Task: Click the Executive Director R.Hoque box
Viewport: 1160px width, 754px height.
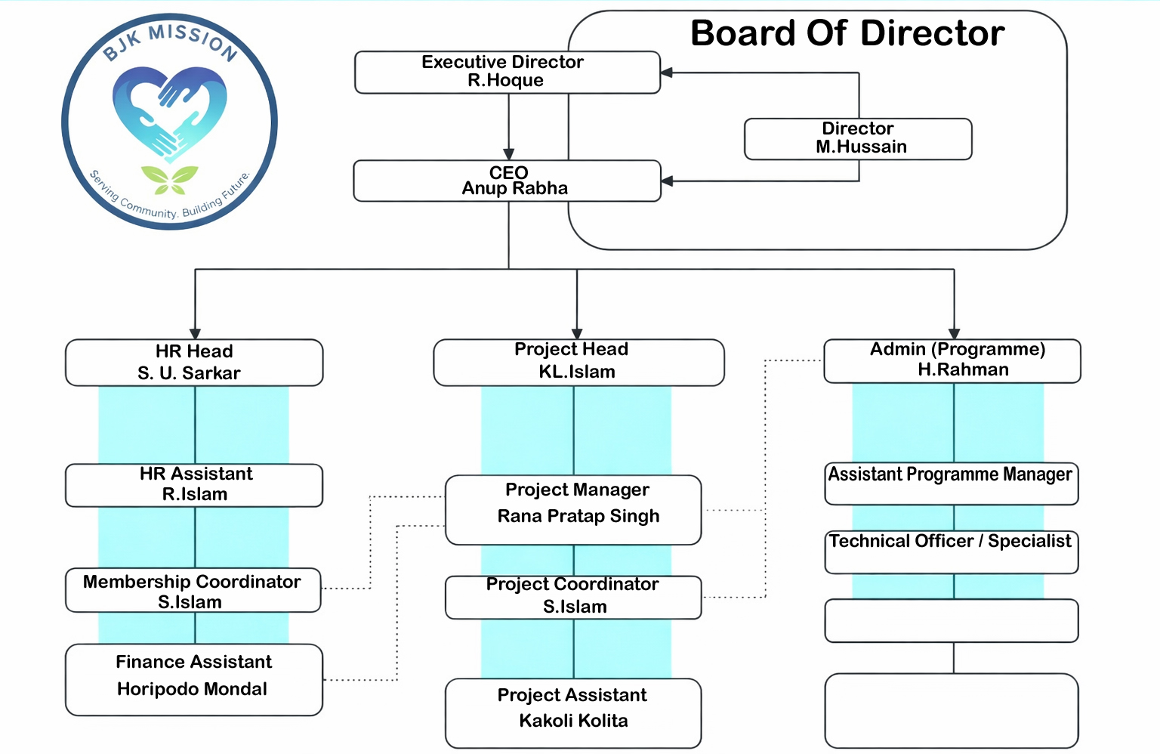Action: pyautogui.click(x=507, y=72)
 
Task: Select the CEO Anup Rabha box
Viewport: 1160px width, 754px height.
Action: pyautogui.click(x=507, y=181)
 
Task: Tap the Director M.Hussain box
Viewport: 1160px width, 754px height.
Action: pyautogui.click(x=858, y=138)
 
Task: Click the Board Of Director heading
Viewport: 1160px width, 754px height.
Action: pyautogui.click(x=847, y=34)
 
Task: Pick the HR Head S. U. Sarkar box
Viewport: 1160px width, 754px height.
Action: pyautogui.click(x=194, y=363)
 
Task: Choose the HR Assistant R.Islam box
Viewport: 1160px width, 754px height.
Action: pyautogui.click(x=194, y=484)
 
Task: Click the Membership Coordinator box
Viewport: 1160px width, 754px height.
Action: pyautogui.click(x=193, y=591)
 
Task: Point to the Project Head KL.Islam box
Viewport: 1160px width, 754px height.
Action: pyautogui.click(x=578, y=362)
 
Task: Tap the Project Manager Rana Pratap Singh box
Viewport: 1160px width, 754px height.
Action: pyautogui.click(x=573, y=508)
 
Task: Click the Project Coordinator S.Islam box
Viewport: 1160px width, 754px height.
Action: pyautogui.click(x=573, y=597)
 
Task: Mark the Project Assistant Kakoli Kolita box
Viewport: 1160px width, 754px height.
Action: pyautogui.click(x=573, y=712)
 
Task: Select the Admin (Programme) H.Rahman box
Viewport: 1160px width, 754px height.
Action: pyautogui.click(x=952, y=360)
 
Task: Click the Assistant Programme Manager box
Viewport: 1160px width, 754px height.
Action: pyautogui.click(x=951, y=484)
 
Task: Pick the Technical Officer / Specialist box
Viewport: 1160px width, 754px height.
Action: pyautogui.click(x=951, y=552)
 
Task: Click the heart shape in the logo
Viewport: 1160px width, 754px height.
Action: pyautogui.click(x=170, y=113)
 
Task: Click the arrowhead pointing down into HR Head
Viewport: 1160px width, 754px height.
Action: pyautogui.click(x=195, y=334)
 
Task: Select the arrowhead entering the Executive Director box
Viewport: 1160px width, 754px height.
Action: pyautogui.click(x=667, y=73)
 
